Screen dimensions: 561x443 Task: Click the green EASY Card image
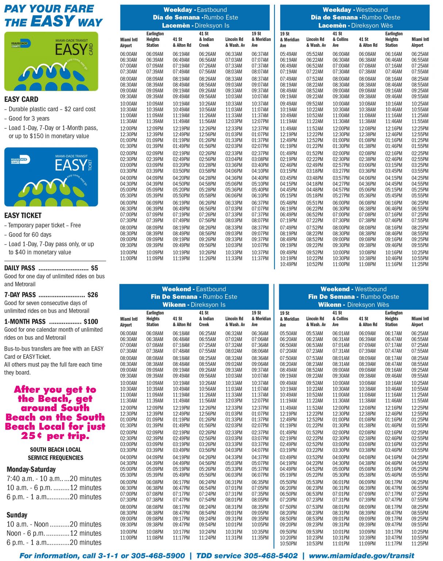(51, 61)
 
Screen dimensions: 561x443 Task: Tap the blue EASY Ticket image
(51, 177)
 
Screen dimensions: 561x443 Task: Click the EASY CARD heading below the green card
(21, 99)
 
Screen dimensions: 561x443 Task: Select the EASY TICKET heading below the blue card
(23, 215)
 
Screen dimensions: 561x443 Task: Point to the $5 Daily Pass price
(94, 268)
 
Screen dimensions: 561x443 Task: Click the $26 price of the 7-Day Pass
(93, 295)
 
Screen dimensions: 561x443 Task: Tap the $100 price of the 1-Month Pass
(91, 321)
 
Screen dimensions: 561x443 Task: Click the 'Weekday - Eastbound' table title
(195, 10)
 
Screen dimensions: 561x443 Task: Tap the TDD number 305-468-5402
(270, 556)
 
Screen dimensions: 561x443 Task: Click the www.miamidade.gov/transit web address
(362, 556)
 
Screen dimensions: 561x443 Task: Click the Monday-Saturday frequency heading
(31, 469)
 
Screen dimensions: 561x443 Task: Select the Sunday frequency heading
(17, 515)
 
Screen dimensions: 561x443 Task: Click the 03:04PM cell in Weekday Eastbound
(234, 159)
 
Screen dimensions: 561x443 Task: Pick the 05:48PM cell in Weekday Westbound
(288, 203)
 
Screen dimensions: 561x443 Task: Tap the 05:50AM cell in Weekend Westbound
(288, 333)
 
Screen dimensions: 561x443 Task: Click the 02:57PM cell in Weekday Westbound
(341, 165)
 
